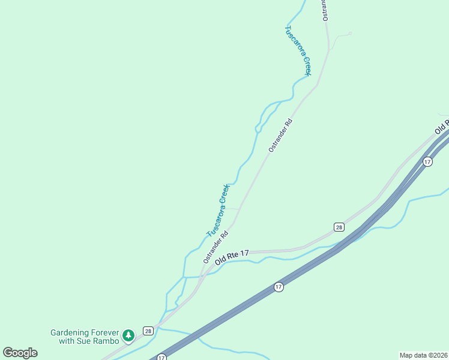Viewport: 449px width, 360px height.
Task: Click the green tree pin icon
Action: pyautogui.click(x=128, y=335)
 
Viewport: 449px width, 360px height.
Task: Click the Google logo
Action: pyautogui.click(x=20, y=353)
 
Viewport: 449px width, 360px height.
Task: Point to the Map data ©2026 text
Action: pyautogui.click(x=423, y=355)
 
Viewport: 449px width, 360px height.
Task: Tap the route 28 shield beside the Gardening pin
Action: pyautogui.click(x=148, y=331)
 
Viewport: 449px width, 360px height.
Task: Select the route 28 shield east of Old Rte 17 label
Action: pyautogui.click(x=339, y=227)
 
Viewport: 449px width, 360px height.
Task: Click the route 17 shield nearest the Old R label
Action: pyautogui.click(x=427, y=161)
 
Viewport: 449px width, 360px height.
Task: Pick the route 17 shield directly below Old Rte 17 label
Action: pyautogui.click(x=279, y=287)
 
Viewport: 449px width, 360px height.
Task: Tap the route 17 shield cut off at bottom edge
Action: pyautogui.click(x=161, y=358)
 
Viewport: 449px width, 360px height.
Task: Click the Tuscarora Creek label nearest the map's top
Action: pyautogui.click(x=298, y=50)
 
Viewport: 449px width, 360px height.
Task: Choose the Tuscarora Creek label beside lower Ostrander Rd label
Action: pyautogui.click(x=218, y=210)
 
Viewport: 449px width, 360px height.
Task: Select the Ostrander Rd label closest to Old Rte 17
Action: pyautogui.click(x=215, y=248)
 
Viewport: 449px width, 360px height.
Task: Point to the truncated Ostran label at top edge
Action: pyautogui.click(x=325, y=10)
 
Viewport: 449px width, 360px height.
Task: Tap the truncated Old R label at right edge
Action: pyautogui.click(x=442, y=127)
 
